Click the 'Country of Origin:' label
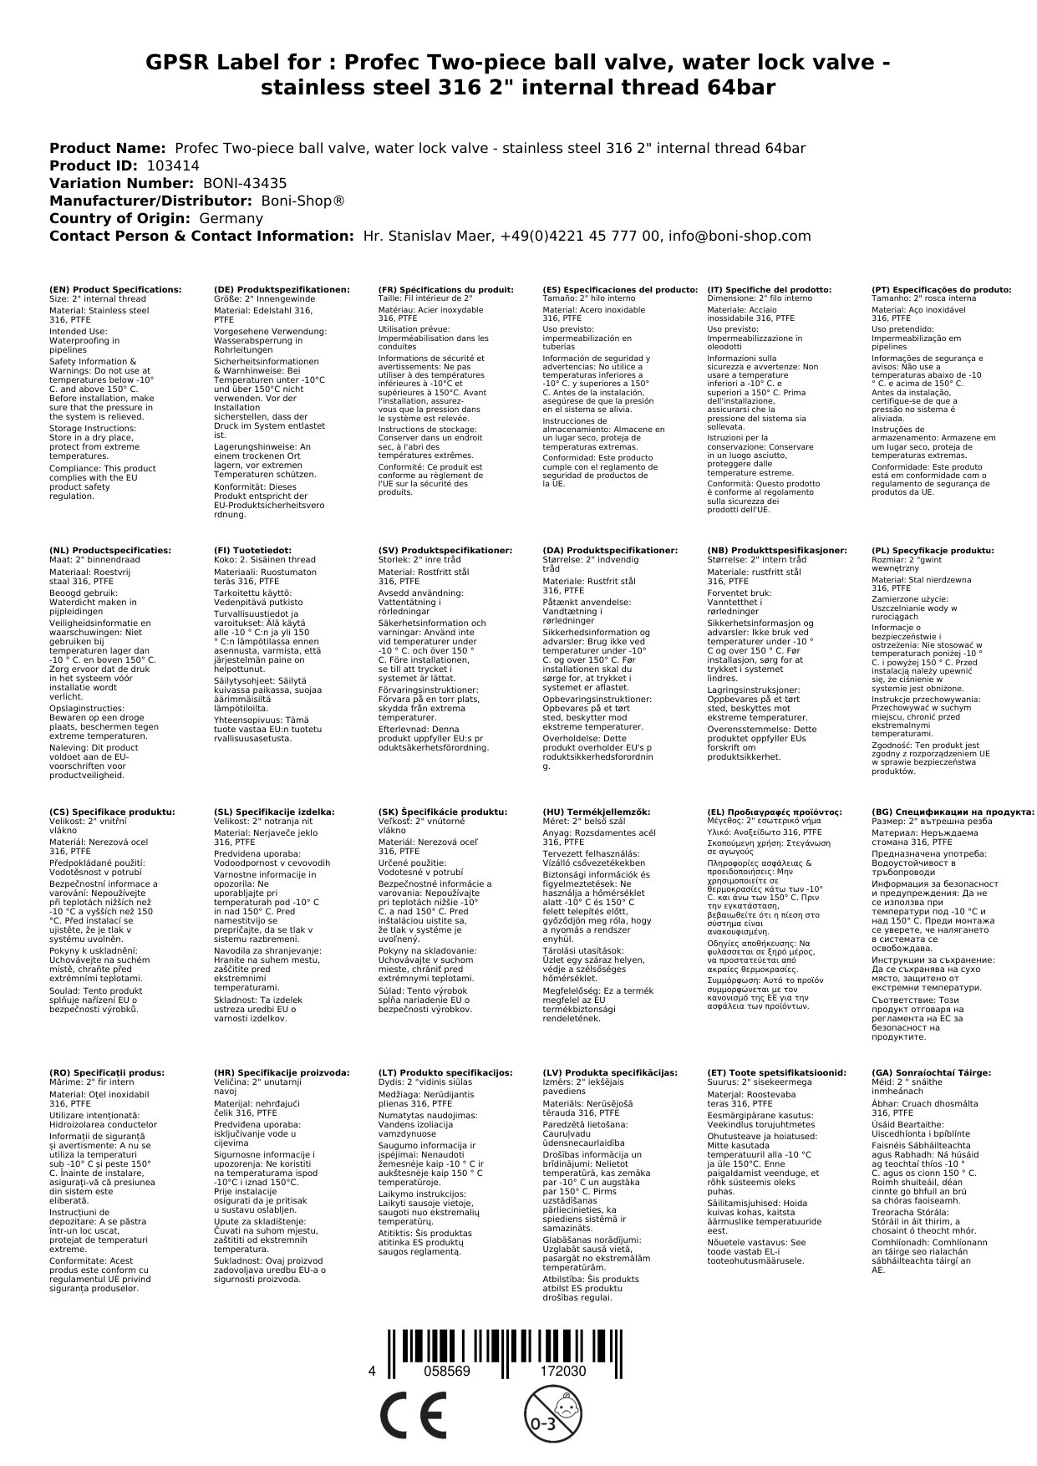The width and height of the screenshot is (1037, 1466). pyautogui.click(x=121, y=218)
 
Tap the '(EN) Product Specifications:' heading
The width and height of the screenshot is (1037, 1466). pyautogui.click(x=115, y=289)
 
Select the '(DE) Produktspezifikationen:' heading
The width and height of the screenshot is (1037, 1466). pyautogui.click(x=282, y=289)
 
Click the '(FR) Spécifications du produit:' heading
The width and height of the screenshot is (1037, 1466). pyautogui.click(x=445, y=289)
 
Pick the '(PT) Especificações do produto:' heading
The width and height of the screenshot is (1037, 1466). pyautogui.click(x=941, y=289)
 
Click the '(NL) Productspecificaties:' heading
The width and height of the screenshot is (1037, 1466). pyautogui.click(x=109, y=550)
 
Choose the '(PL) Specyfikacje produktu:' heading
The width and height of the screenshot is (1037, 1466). pyautogui.click(x=933, y=550)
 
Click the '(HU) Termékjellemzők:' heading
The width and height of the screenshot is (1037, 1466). pyautogui.click(x=596, y=812)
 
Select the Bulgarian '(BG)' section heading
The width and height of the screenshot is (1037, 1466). pyautogui.click(x=953, y=812)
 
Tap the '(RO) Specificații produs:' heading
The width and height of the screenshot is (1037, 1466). pyautogui.click(x=107, y=1072)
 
